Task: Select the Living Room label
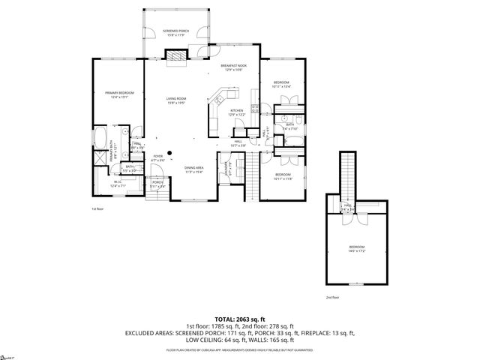click(176, 100)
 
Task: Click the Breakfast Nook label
click(233, 67)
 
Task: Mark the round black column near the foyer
click(170, 153)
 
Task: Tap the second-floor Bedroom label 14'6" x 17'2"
click(357, 248)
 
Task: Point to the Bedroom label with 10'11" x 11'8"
click(281, 175)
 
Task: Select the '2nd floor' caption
click(332, 298)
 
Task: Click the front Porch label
click(157, 184)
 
